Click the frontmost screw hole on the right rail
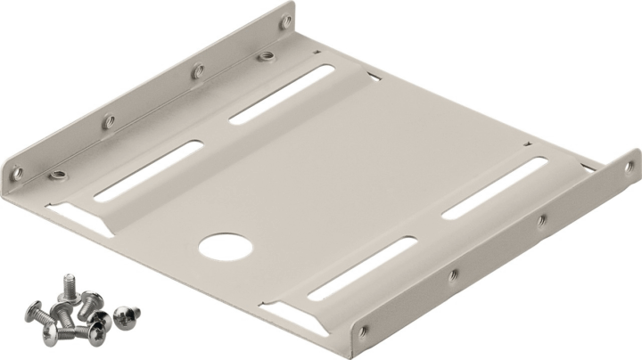pos(364,331)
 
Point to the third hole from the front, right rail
pos(540,218)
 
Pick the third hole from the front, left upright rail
pos(198,68)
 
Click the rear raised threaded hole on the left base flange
pos(265,58)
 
